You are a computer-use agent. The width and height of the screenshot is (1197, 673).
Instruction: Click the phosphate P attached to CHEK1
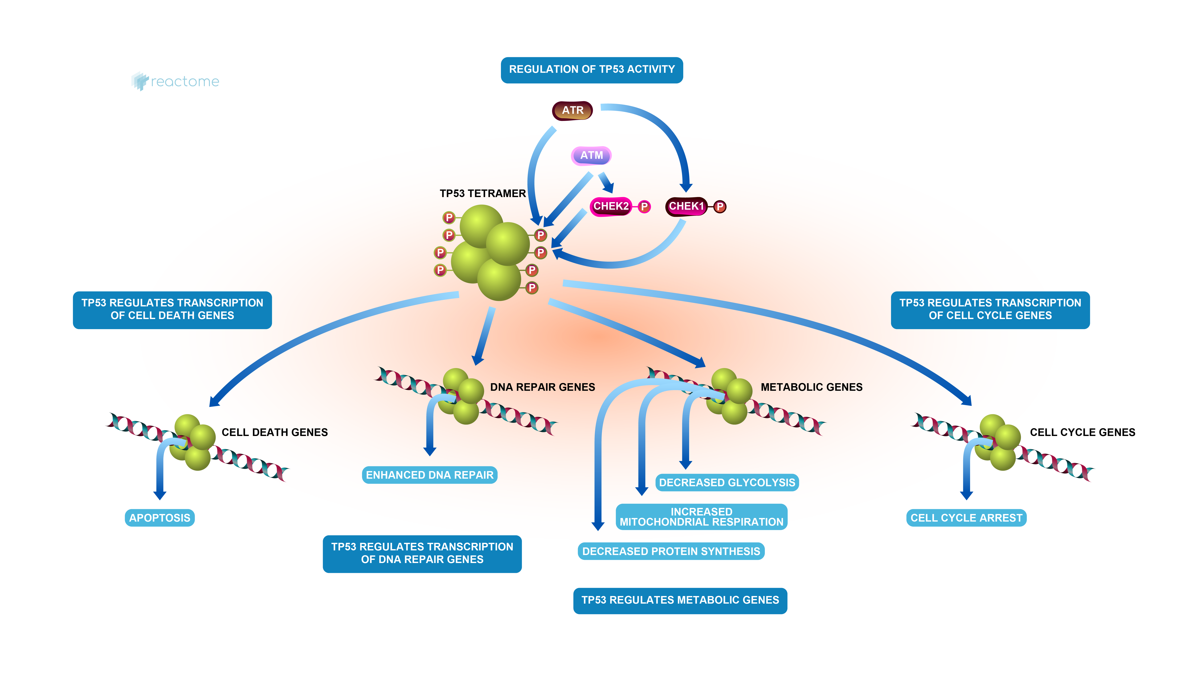click(720, 207)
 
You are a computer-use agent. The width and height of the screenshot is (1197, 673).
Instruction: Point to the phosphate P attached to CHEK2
click(644, 207)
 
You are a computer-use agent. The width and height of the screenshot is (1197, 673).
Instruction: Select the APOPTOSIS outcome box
click(159, 518)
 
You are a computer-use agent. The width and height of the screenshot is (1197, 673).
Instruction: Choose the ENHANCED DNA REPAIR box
click(429, 475)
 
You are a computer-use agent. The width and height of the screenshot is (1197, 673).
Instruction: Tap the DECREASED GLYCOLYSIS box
click(727, 482)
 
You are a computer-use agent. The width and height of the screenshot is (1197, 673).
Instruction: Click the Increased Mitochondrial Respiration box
click(701, 517)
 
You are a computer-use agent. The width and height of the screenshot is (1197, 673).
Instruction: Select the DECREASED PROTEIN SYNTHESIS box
click(671, 551)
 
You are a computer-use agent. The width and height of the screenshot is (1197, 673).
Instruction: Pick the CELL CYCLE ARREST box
click(966, 518)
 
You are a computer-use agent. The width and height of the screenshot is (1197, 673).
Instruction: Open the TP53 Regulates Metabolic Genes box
click(680, 600)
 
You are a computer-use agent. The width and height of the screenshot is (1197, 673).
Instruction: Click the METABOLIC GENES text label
click(811, 387)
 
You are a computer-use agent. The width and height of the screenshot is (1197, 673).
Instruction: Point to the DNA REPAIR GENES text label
click(542, 387)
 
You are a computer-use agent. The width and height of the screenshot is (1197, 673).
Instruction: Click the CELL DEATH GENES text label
click(275, 432)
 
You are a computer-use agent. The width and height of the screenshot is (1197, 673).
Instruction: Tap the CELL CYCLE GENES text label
click(1082, 432)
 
